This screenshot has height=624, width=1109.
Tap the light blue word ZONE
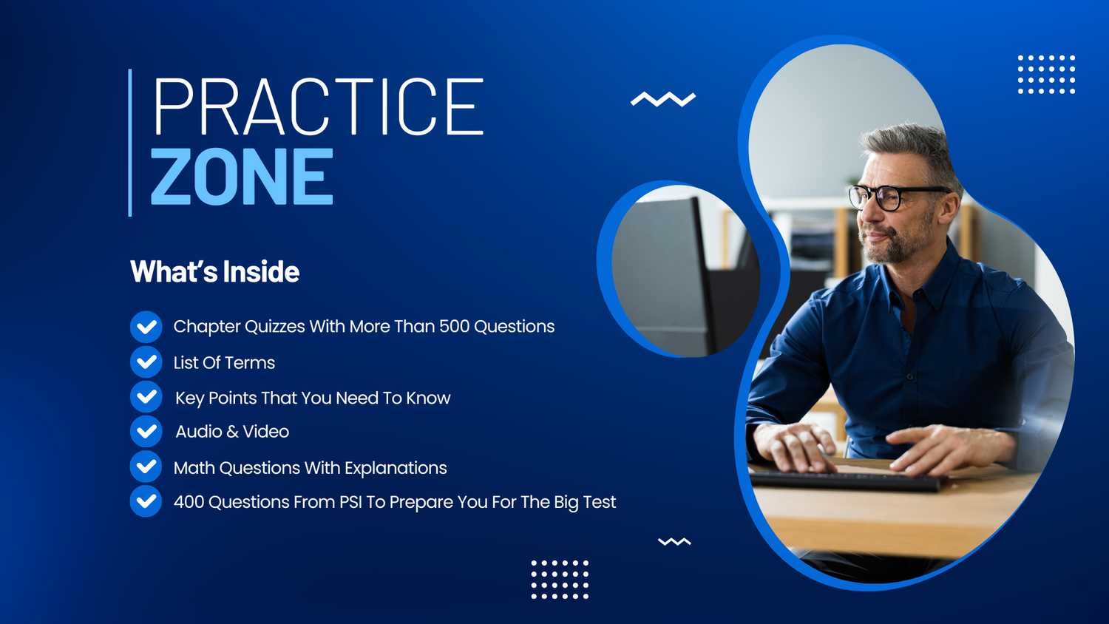tap(242, 176)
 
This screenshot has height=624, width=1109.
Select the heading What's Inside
tap(214, 271)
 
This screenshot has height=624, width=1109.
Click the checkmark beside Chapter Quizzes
tap(146, 327)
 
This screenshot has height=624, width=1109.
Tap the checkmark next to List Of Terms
tap(146, 362)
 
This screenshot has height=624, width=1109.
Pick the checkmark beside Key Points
tap(146, 397)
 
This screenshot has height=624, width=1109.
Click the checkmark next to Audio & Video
tap(146, 431)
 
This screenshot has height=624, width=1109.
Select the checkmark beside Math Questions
tap(146, 467)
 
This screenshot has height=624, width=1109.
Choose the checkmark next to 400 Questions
tap(146, 501)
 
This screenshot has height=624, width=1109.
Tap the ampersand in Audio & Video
tap(232, 431)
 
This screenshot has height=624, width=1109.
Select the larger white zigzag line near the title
tap(663, 99)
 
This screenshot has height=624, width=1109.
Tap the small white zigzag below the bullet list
tap(674, 541)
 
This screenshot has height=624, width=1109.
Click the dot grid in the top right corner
tap(1046, 74)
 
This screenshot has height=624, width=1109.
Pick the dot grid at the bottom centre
tap(560, 580)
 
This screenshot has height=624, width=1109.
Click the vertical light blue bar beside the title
tap(130, 143)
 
